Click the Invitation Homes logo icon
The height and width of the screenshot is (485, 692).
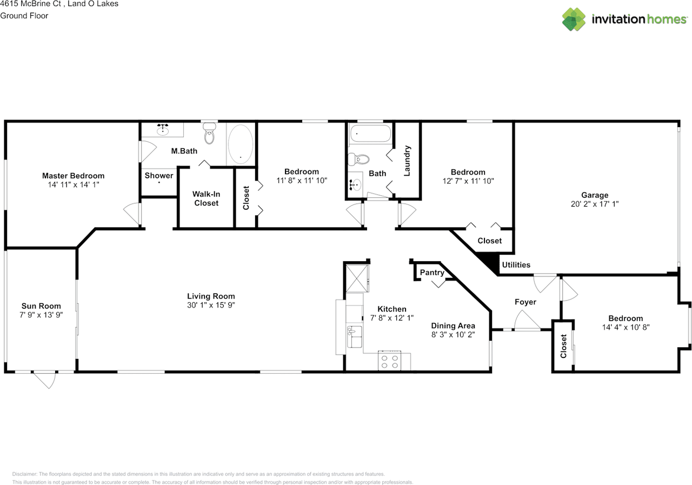tap(574, 19)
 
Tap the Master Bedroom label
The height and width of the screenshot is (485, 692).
tap(73, 176)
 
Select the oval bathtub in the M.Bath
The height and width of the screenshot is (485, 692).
tap(241, 144)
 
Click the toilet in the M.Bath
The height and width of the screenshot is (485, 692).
tap(209, 134)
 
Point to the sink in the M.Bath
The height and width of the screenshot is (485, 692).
tap(163, 130)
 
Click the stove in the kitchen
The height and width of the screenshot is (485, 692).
tap(390, 361)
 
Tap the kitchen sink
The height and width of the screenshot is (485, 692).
tap(354, 336)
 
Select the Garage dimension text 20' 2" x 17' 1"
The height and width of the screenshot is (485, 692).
tap(595, 204)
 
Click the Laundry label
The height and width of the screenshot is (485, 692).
tap(407, 161)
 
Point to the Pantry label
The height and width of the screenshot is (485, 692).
tap(432, 273)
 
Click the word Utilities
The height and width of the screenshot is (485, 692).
tap(516, 265)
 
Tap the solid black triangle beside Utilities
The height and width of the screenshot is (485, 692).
tap(490, 262)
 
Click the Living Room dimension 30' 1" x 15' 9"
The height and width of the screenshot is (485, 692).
tap(211, 305)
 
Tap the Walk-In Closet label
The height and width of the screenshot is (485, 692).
tap(206, 198)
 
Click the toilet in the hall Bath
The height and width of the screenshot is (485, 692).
tap(358, 160)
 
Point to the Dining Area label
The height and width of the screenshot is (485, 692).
tap(453, 325)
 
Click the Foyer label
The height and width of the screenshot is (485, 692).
tap(525, 302)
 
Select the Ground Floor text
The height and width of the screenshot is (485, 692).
tap(24, 16)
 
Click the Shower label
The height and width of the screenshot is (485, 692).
tap(159, 176)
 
